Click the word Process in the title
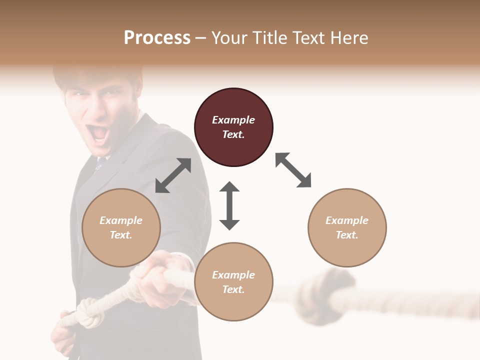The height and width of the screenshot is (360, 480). tap(157, 38)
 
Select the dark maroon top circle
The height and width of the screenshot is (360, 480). tap(233, 127)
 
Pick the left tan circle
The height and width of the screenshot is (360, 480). tap(121, 227)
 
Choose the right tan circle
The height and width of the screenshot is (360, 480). tap(347, 227)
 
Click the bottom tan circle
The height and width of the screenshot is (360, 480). tap(233, 282)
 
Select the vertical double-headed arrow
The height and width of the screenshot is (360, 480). tap(229, 205)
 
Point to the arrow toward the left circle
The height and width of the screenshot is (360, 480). tap(173, 175)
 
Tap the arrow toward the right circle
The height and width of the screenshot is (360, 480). tap(293, 170)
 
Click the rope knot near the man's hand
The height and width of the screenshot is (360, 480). tap(90, 313)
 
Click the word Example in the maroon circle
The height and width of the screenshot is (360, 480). tap(233, 120)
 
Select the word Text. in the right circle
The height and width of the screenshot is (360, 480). tap(347, 235)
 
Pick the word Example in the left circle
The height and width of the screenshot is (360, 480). tap(121, 220)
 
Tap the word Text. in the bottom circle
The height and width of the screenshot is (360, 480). tap(233, 289)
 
